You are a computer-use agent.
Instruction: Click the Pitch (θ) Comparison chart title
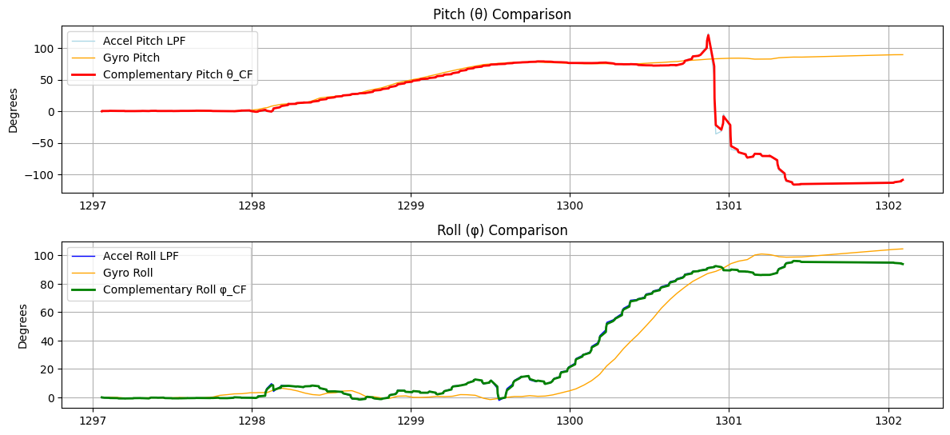click(x=502, y=14)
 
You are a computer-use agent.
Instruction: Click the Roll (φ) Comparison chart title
click(x=502, y=230)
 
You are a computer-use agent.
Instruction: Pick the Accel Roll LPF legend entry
click(x=141, y=257)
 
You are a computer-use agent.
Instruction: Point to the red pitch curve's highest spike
click(x=708, y=35)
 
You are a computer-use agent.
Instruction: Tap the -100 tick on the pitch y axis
click(x=46, y=175)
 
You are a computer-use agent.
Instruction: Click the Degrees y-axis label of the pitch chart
click(x=14, y=111)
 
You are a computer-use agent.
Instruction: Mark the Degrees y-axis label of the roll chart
click(x=23, y=326)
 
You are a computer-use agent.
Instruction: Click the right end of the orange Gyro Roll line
click(x=903, y=249)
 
